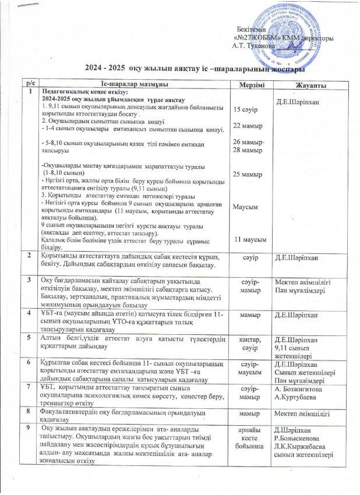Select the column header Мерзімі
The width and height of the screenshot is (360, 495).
(248, 86)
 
